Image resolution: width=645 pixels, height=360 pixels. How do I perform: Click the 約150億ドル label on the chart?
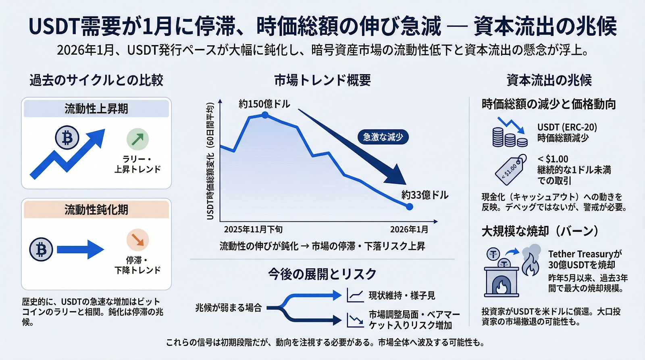[x=264, y=104]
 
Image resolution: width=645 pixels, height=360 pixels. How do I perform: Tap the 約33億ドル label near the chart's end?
[x=424, y=195]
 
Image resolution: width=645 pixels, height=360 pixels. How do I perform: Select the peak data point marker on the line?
[x=265, y=115]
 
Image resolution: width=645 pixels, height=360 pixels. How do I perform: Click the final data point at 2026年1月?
[x=410, y=207]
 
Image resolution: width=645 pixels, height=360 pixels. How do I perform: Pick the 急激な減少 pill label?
[x=383, y=137]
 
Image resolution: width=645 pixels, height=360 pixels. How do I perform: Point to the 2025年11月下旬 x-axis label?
[x=253, y=230]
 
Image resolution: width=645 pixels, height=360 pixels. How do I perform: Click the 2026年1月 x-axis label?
[x=409, y=230]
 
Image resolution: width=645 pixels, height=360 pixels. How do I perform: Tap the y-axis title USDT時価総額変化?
[x=210, y=161]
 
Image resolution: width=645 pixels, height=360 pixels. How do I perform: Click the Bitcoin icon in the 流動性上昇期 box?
[x=67, y=138]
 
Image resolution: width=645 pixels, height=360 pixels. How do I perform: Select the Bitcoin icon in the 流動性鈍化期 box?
[x=41, y=250]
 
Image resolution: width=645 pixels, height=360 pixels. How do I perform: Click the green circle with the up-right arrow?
[x=137, y=139]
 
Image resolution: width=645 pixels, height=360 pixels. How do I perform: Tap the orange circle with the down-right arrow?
[x=137, y=240]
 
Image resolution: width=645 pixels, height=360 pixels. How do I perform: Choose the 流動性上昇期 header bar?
[x=96, y=109]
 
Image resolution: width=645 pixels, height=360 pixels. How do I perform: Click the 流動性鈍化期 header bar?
[x=96, y=210]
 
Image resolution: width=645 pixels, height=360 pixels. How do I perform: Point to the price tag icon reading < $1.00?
[x=511, y=170]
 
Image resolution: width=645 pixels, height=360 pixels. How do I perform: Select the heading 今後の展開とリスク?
[x=322, y=274]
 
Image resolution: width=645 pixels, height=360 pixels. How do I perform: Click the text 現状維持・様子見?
[x=402, y=295]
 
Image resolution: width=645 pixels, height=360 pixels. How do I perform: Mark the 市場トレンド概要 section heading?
[x=322, y=80]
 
